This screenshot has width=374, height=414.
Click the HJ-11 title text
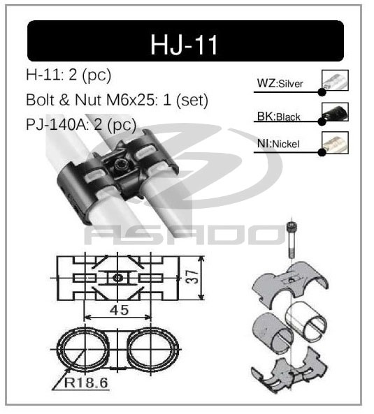(185, 43)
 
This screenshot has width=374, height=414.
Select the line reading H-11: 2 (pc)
(67, 75)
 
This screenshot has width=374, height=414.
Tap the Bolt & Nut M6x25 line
(116, 100)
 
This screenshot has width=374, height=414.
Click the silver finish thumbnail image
(335, 81)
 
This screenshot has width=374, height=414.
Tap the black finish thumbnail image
(335, 112)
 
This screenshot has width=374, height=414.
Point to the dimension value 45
(118, 308)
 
